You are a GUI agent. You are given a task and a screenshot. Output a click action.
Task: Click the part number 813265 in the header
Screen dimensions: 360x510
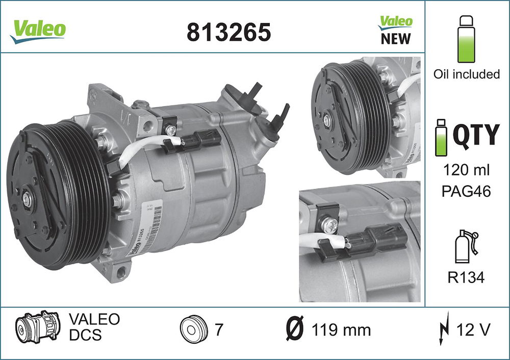pos(228,32)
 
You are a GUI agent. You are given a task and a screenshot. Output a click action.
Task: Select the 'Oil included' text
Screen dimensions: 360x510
pos(466,74)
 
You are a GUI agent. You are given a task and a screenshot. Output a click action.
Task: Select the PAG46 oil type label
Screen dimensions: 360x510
pos(466,192)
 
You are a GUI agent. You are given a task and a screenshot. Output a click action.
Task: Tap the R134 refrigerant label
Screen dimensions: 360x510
pos(466,277)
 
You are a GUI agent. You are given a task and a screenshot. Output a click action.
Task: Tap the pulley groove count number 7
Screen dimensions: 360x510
pos(219,330)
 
